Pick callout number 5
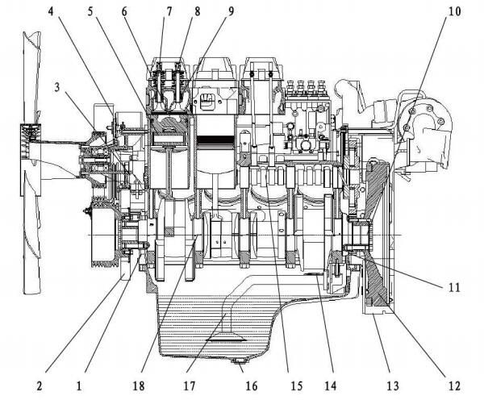(91, 12)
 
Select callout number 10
(454, 12)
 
